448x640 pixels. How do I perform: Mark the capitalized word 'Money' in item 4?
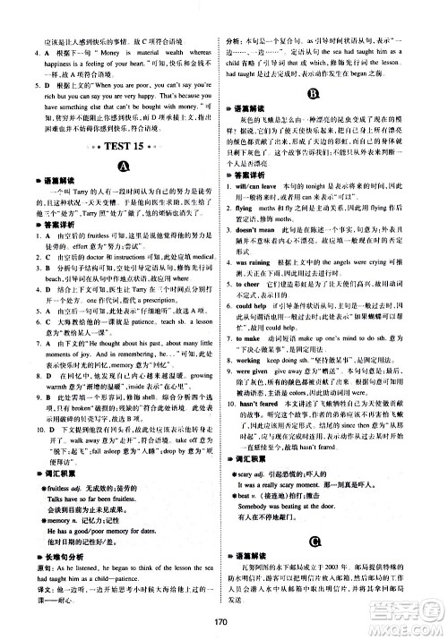click(97, 79)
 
